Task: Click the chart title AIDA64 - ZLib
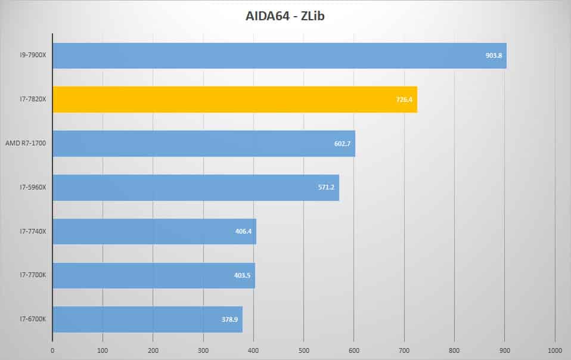pyautogui.click(x=285, y=16)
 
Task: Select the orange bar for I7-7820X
pyautogui.click(x=235, y=100)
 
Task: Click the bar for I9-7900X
pyautogui.click(x=280, y=55)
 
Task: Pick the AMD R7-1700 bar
pyautogui.click(x=204, y=144)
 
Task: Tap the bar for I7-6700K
pyautogui.click(x=147, y=319)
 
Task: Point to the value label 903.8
pyautogui.click(x=494, y=55)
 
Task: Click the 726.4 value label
pyautogui.click(x=404, y=100)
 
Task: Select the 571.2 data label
pyautogui.click(x=326, y=187)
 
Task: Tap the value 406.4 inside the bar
pyautogui.click(x=243, y=231)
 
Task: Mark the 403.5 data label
pyautogui.click(x=242, y=275)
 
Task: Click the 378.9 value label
pyautogui.click(x=229, y=319)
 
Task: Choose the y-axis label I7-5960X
pyautogui.click(x=33, y=187)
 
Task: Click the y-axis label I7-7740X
pyautogui.click(x=33, y=231)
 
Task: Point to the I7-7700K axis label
pyautogui.click(x=33, y=275)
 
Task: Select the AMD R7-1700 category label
pyautogui.click(x=26, y=143)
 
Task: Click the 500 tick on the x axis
pyautogui.click(x=304, y=350)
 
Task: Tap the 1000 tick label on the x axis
pyautogui.click(x=555, y=350)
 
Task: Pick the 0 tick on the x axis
pyautogui.click(x=52, y=350)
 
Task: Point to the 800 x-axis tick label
pyautogui.click(x=454, y=350)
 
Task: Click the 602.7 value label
pyautogui.click(x=342, y=144)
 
